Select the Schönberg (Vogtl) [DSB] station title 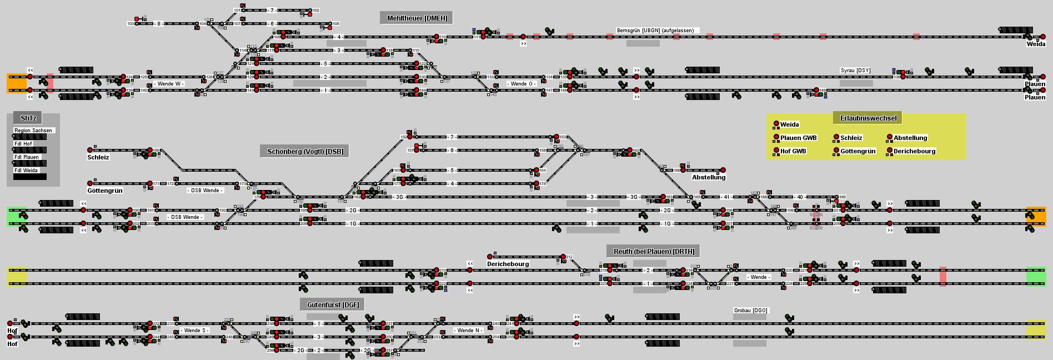[305, 152]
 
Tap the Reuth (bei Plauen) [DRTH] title [653, 251]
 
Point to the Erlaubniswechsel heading [868, 118]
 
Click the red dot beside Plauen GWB [776, 137]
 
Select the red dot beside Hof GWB [776, 151]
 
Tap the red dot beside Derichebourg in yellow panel [890, 151]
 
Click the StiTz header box [28, 118]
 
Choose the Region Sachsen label [33, 131]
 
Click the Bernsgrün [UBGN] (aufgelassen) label [655, 31]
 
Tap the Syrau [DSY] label [855, 71]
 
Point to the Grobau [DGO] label [750, 311]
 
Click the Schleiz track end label [98, 157]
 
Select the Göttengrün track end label [105, 191]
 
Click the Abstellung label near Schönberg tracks [709, 177]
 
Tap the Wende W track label [169, 84]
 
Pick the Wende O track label [522, 84]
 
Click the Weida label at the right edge [1036, 44]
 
